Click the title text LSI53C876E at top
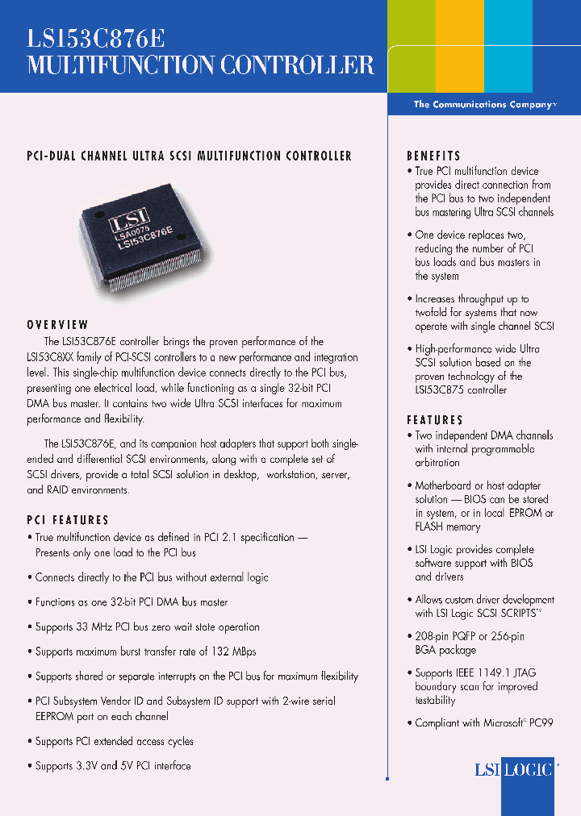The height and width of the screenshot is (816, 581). coord(97,39)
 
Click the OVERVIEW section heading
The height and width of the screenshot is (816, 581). coord(57,324)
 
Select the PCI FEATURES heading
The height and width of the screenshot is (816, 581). coord(68,520)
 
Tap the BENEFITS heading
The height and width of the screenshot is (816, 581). coord(433,156)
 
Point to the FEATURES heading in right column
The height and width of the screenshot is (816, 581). coord(435,419)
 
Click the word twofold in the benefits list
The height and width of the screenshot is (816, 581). coord(433,313)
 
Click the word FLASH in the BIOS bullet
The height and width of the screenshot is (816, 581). coord(430,527)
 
